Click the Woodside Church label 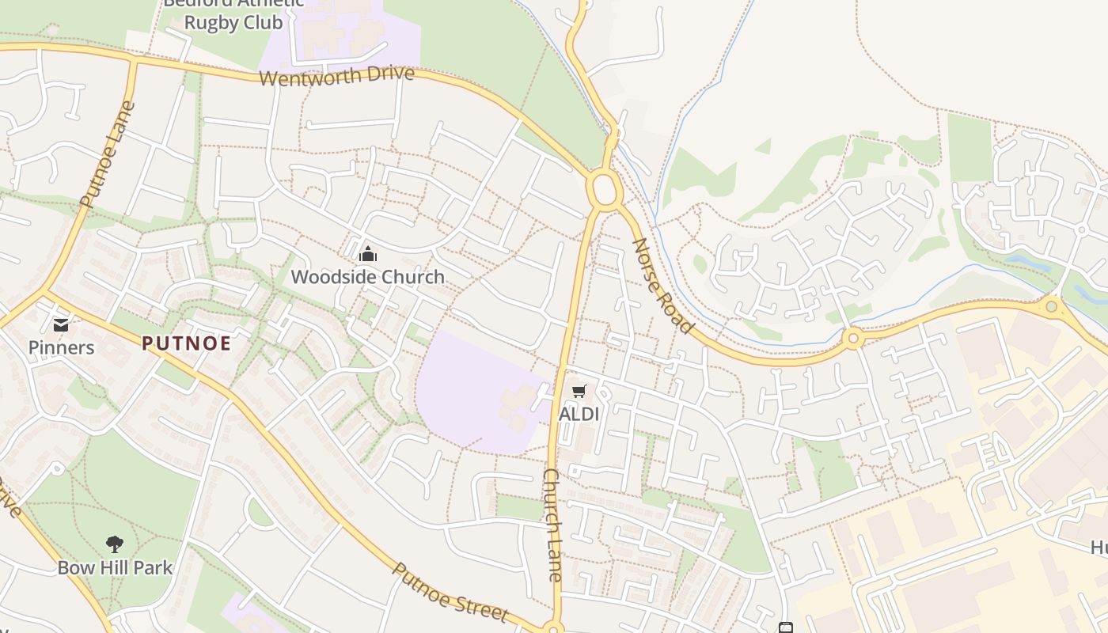click(x=367, y=277)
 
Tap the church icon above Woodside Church click(x=367, y=254)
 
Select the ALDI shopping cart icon click(x=579, y=391)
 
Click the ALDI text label click(x=579, y=414)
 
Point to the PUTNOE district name click(x=187, y=343)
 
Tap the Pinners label click(x=61, y=347)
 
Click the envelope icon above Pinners click(x=60, y=324)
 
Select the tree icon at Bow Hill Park click(x=115, y=544)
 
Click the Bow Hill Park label click(x=115, y=567)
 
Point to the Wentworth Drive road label click(x=336, y=76)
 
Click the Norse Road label click(x=662, y=286)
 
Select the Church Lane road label click(x=552, y=524)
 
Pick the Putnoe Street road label click(x=449, y=592)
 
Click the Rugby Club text click(x=233, y=22)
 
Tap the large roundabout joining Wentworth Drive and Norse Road click(x=604, y=191)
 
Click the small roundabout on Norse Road click(x=852, y=339)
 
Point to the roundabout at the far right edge click(x=1051, y=306)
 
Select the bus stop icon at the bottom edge click(x=785, y=627)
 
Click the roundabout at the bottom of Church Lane click(x=553, y=629)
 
